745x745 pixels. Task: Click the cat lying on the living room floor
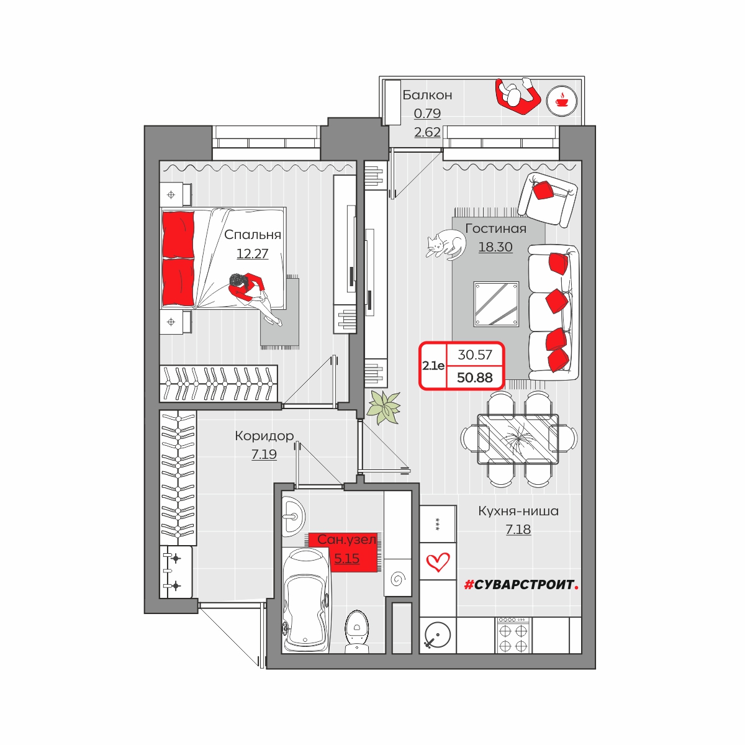[446, 245]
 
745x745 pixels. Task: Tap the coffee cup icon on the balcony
[561, 101]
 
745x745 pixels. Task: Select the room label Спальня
[253, 235]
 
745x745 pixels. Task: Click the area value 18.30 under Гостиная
[495, 247]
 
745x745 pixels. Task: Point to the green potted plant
[384, 407]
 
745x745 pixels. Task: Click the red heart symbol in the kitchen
[438, 562]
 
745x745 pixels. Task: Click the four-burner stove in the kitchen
[513, 635]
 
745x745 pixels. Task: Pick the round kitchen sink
[438, 635]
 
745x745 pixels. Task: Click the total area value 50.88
[474, 377]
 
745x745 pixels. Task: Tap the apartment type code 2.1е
[433, 366]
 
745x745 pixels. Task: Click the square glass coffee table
[496, 304]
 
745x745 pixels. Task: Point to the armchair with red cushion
[547, 199]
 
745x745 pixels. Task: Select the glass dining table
[518, 439]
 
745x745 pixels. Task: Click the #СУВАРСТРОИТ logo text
[521, 585]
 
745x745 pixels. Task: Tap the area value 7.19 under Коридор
[264, 454]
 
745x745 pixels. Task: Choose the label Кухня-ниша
[518, 511]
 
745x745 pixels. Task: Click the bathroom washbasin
[293, 517]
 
